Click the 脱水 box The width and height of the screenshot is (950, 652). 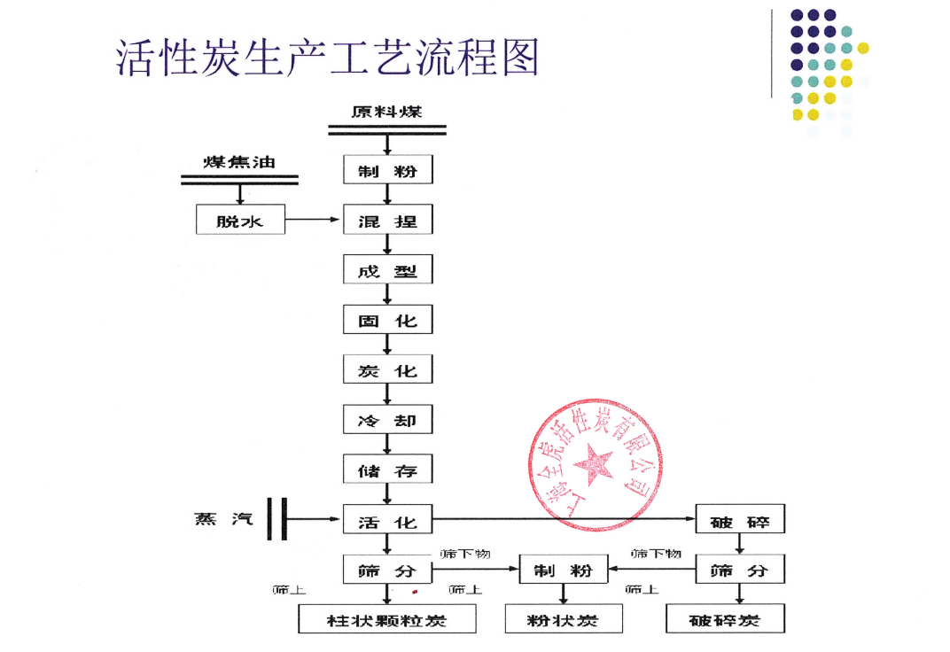pos(240,220)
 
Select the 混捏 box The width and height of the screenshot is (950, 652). pos(387,220)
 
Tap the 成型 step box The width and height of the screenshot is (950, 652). pos(387,270)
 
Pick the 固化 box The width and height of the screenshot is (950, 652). pos(387,320)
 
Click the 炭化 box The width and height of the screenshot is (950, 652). pos(387,370)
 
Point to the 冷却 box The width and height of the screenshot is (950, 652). pos(387,420)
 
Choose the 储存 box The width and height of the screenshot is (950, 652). pos(387,470)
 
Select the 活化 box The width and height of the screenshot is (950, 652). pos(387,519)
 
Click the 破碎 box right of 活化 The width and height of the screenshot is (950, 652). pos(740,519)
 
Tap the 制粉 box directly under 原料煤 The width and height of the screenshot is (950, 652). pos(387,170)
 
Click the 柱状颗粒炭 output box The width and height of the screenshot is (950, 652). pos(386,619)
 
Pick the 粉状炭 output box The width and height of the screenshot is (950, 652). pos(563,619)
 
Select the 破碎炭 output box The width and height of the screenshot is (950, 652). pos(724,619)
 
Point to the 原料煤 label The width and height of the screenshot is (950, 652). pos(386,113)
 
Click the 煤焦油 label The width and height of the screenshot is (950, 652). pos(239,162)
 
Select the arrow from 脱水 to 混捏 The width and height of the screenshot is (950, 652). pos(315,220)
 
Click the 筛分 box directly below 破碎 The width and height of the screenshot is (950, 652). pos(740,570)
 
